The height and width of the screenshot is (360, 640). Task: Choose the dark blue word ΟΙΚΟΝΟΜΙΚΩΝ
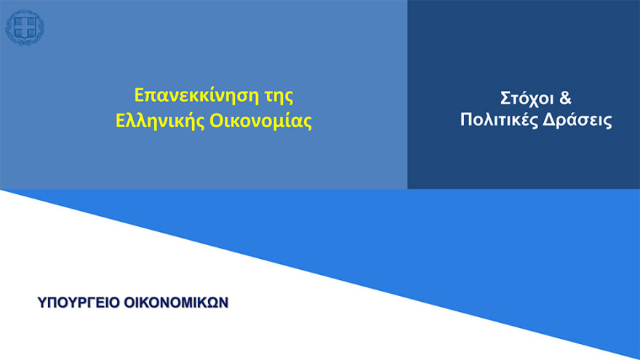[x=176, y=302]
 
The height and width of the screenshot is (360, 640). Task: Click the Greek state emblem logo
[x=24, y=28]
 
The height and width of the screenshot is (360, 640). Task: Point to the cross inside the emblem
[x=24, y=28]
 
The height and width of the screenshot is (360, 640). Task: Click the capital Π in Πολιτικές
[x=467, y=121]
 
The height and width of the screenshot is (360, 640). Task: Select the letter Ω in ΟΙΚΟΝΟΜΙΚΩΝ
[x=211, y=302]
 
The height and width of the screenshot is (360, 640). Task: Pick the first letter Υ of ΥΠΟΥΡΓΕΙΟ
[x=41, y=302]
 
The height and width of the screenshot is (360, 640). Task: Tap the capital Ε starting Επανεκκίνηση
[x=140, y=95]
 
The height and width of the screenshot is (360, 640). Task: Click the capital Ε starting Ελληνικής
[x=121, y=121]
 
